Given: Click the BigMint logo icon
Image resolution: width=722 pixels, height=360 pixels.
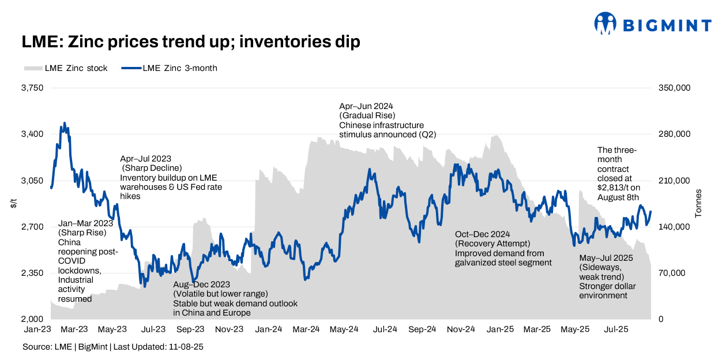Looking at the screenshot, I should (606, 24).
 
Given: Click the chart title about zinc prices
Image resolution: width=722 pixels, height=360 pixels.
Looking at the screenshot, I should (191, 42).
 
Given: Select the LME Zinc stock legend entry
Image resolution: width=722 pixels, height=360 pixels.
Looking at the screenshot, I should (66, 68).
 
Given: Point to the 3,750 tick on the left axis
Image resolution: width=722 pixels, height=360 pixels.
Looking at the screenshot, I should (32, 88).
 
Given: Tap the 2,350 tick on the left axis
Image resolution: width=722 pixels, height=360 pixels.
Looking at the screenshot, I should (32, 273).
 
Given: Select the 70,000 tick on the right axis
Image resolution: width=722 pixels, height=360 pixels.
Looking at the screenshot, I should (672, 273).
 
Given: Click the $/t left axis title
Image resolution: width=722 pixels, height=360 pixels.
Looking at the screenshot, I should (13, 204).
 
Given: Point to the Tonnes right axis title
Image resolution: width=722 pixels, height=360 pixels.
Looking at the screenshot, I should (698, 204).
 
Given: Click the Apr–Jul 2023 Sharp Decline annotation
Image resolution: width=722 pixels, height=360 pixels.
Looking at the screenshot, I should (171, 177).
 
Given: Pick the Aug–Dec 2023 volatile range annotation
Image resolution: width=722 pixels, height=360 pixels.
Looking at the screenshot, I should (235, 298).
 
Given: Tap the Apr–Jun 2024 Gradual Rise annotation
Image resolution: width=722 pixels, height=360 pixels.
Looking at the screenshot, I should (387, 120).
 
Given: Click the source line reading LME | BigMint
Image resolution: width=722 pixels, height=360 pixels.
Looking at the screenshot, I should (113, 347).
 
